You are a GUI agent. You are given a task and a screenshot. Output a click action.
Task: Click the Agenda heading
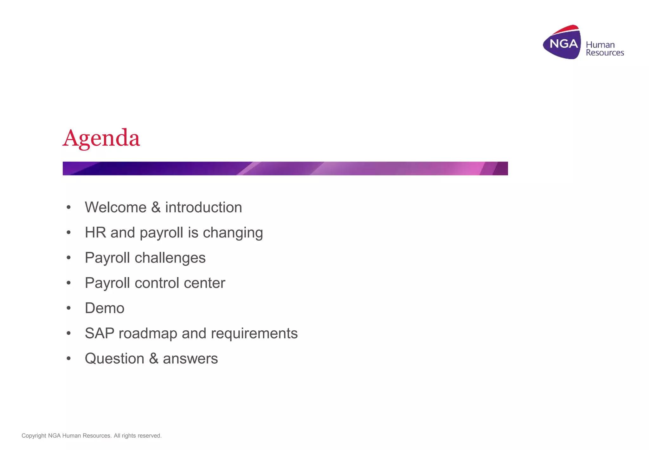(101, 138)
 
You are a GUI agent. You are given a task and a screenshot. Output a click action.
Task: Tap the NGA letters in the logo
(563, 43)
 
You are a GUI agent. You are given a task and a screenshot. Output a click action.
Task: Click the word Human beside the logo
(600, 45)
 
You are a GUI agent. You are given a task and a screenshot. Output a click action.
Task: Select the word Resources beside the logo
(605, 53)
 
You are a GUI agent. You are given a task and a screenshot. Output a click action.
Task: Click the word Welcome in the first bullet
(116, 208)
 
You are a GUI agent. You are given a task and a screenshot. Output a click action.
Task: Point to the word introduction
(203, 208)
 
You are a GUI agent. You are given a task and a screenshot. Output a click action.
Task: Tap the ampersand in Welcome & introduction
(156, 208)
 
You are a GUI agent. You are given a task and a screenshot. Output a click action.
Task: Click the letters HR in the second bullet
(95, 233)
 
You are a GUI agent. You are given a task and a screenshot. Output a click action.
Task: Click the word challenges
(170, 258)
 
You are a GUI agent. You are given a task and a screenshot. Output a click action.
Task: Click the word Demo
(105, 308)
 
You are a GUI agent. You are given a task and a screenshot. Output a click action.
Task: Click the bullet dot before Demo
(68, 308)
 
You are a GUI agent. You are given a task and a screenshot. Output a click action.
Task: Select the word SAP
(100, 333)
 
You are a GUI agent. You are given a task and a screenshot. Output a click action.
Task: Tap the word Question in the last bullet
(114, 359)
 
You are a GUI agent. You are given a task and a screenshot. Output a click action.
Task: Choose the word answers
(190, 359)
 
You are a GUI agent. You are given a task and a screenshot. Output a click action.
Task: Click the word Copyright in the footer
(34, 436)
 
